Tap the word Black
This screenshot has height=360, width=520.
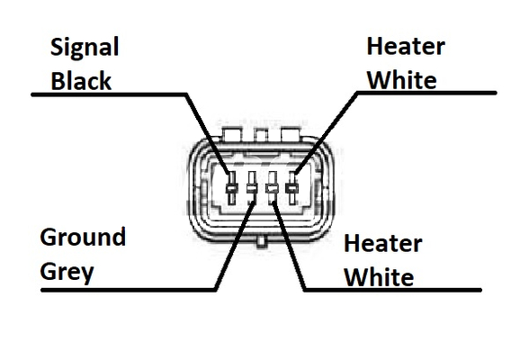click(x=81, y=80)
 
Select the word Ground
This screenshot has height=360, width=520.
click(x=83, y=237)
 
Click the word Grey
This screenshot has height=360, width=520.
click(x=67, y=273)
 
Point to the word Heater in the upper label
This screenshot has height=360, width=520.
click(x=406, y=46)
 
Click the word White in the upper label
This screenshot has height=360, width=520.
click(x=402, y=80)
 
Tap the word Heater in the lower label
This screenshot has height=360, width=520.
click(x=383, y=243)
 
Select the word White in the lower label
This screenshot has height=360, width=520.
click(x=379, y=277)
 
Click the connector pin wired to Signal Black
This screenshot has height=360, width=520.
click(x=232, y=188)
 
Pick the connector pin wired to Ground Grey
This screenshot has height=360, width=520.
click(x=252, y=188)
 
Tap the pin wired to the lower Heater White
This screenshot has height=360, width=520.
click(x=273, y=188)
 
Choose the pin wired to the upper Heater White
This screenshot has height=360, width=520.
click(x=292, y=188)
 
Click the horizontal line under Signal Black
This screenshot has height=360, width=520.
click(x=109, y=94)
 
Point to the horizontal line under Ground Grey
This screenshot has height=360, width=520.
click(x=129, y=290)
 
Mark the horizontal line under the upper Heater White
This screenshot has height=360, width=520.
click(x=426, y=93)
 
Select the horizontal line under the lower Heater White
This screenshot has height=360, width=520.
click(x=392, y=290)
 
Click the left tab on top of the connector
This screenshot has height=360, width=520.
click(x=232, y=134)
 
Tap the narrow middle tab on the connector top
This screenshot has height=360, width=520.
click(x=261, y=135)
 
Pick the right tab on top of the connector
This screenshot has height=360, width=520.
click(x=291, y=134)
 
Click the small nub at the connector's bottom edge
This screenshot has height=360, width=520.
click(x=261, y=241)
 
